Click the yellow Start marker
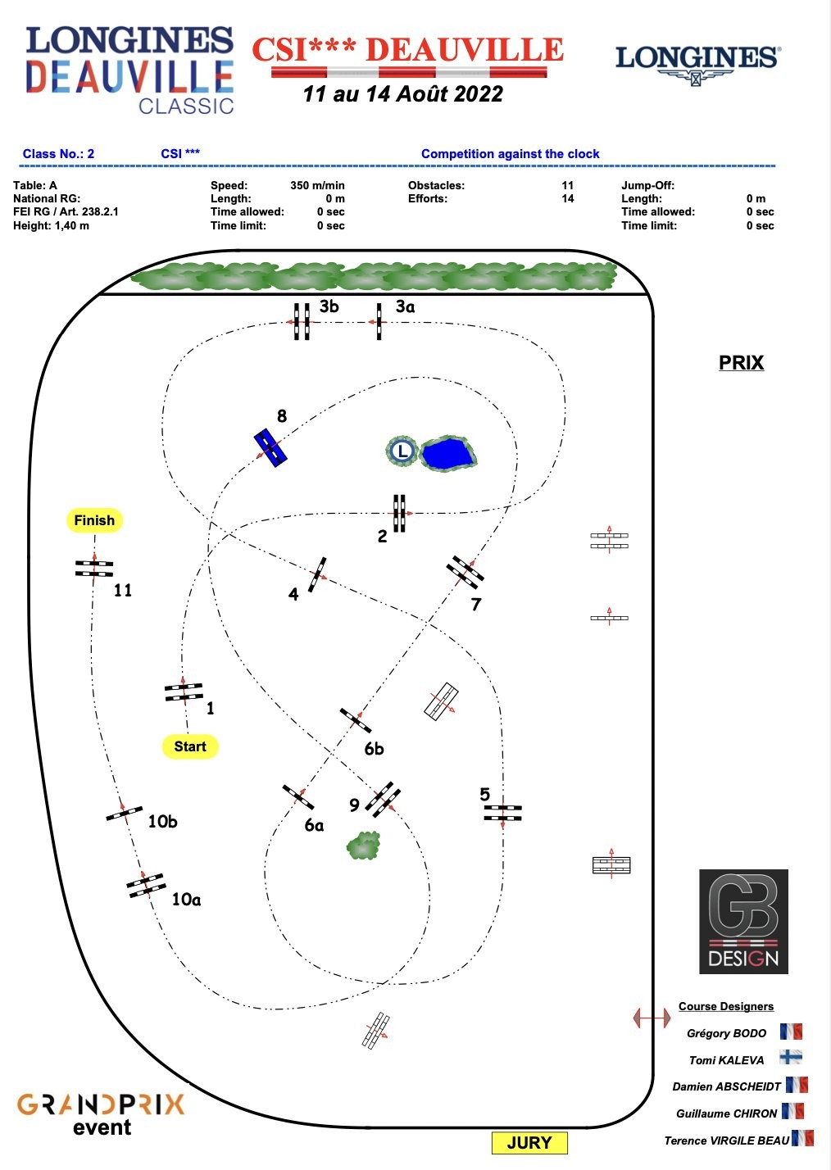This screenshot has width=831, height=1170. click(x=190, y=746)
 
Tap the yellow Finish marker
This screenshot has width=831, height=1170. click(x=94, y=520)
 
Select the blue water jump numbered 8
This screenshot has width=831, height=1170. click(x=270, y=447)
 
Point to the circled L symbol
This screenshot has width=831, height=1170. click(x=402, y=451)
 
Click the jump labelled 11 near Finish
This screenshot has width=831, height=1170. click(x=94, y=568)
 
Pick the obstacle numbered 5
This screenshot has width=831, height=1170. click(x=502, y=813)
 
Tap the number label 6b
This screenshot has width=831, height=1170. click(x=374, y=749)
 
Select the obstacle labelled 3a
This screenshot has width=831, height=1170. click(x=379, y=321)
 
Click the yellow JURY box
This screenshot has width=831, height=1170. click(x=529, y=1143)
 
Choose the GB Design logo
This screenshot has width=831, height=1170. click(x=743, y=922)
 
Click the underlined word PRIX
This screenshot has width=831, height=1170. click(x=741, y=363)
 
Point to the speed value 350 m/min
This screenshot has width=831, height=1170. click(x=317, y=186)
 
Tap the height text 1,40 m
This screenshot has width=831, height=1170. click(x=72, y=225)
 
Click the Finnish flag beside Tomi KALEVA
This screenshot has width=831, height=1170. click(x=791, y=1058)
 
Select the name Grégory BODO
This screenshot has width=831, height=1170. click(x=726, y=1033)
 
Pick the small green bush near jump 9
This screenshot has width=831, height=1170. click(x=364, y=846)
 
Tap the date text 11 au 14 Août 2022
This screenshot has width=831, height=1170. click(x=402, y=94)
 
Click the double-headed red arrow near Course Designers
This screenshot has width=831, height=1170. click(x=652, y=1018)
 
